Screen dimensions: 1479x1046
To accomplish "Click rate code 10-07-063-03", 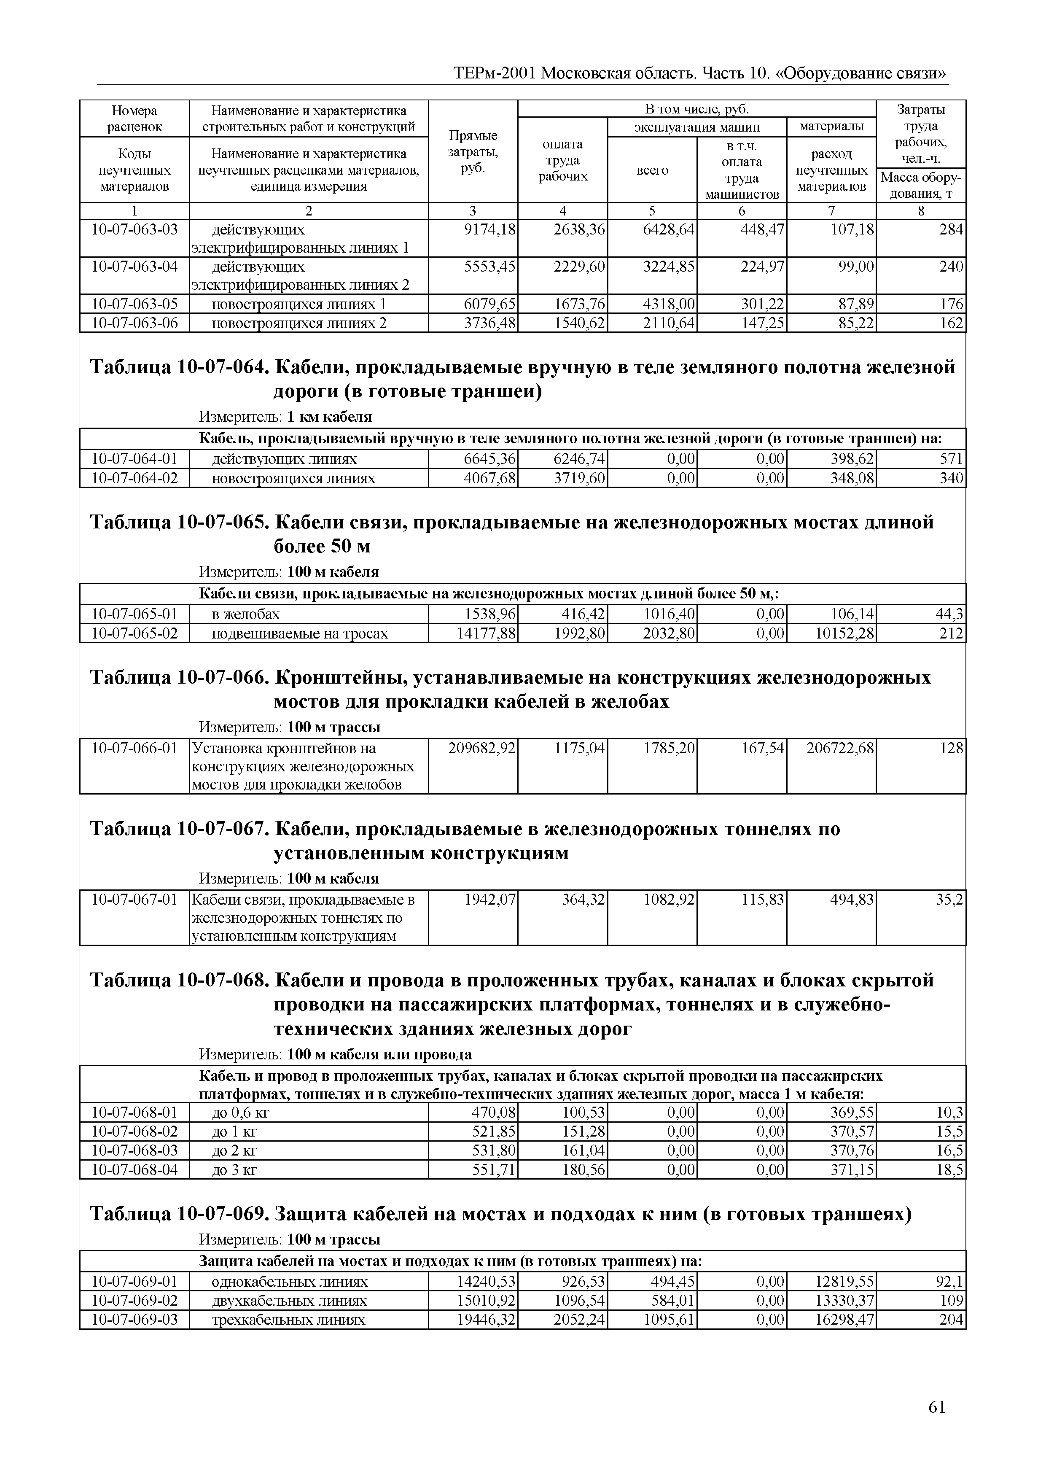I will pos(134,230).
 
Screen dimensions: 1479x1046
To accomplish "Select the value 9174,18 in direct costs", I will pos(490,230).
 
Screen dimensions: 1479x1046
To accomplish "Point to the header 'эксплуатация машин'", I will pos(697,127).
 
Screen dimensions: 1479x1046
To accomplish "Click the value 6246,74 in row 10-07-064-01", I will pos(580,459).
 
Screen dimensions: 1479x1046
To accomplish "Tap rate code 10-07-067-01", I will pos(134,899).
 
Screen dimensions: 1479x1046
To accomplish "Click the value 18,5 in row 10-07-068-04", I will pos(949,1169).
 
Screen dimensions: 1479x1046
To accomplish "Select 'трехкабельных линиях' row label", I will pos(288,1319).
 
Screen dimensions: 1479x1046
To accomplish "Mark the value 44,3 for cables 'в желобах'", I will pos(949,614).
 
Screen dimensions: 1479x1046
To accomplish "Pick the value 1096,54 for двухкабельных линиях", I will pos(580,1300).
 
